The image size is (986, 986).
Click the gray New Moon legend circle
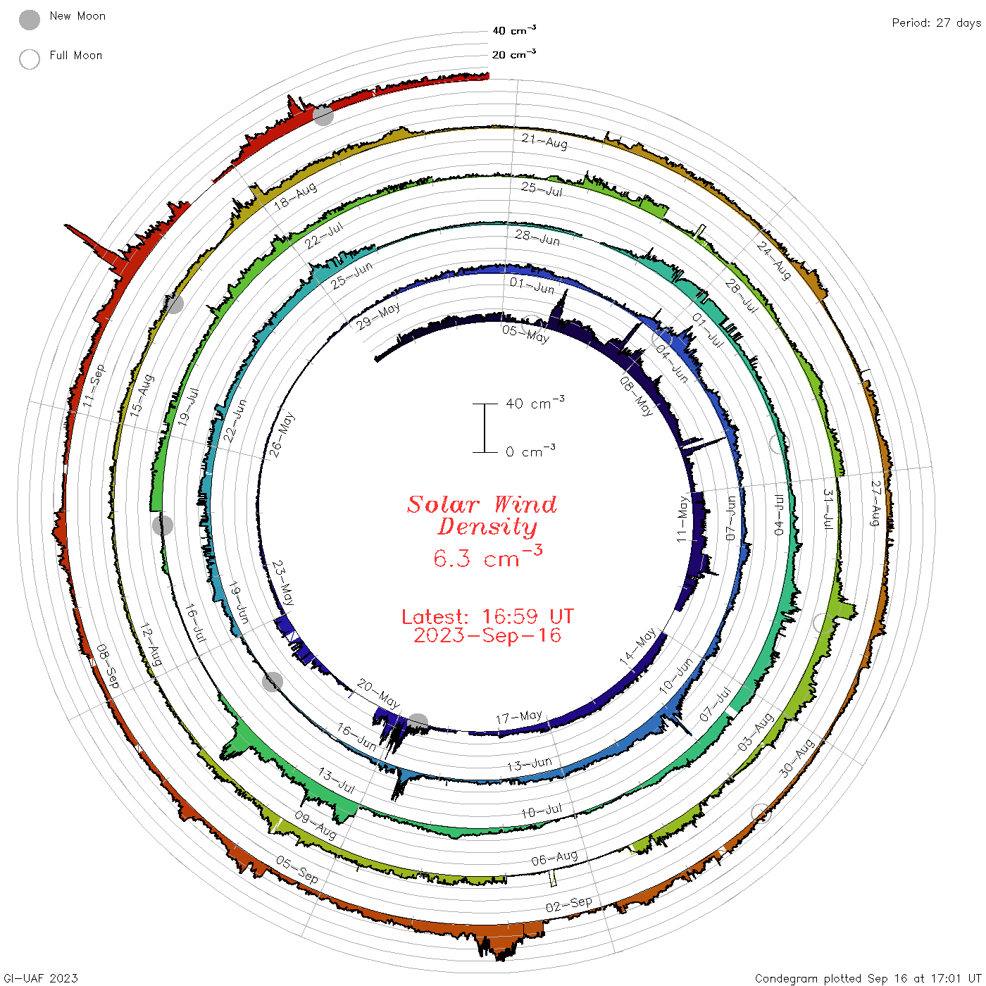pos(29,20)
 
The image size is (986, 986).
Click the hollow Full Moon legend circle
pos(29,59)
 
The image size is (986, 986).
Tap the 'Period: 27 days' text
pos(936,23)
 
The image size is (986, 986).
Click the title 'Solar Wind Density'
pos(482,516)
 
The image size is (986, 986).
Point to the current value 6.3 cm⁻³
pos(487,556)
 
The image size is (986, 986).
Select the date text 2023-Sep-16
pos(487,635)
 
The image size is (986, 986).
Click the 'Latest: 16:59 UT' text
pos(487,616)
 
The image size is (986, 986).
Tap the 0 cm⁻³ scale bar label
pos(530,451)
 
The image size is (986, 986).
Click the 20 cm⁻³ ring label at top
pos(513,54)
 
